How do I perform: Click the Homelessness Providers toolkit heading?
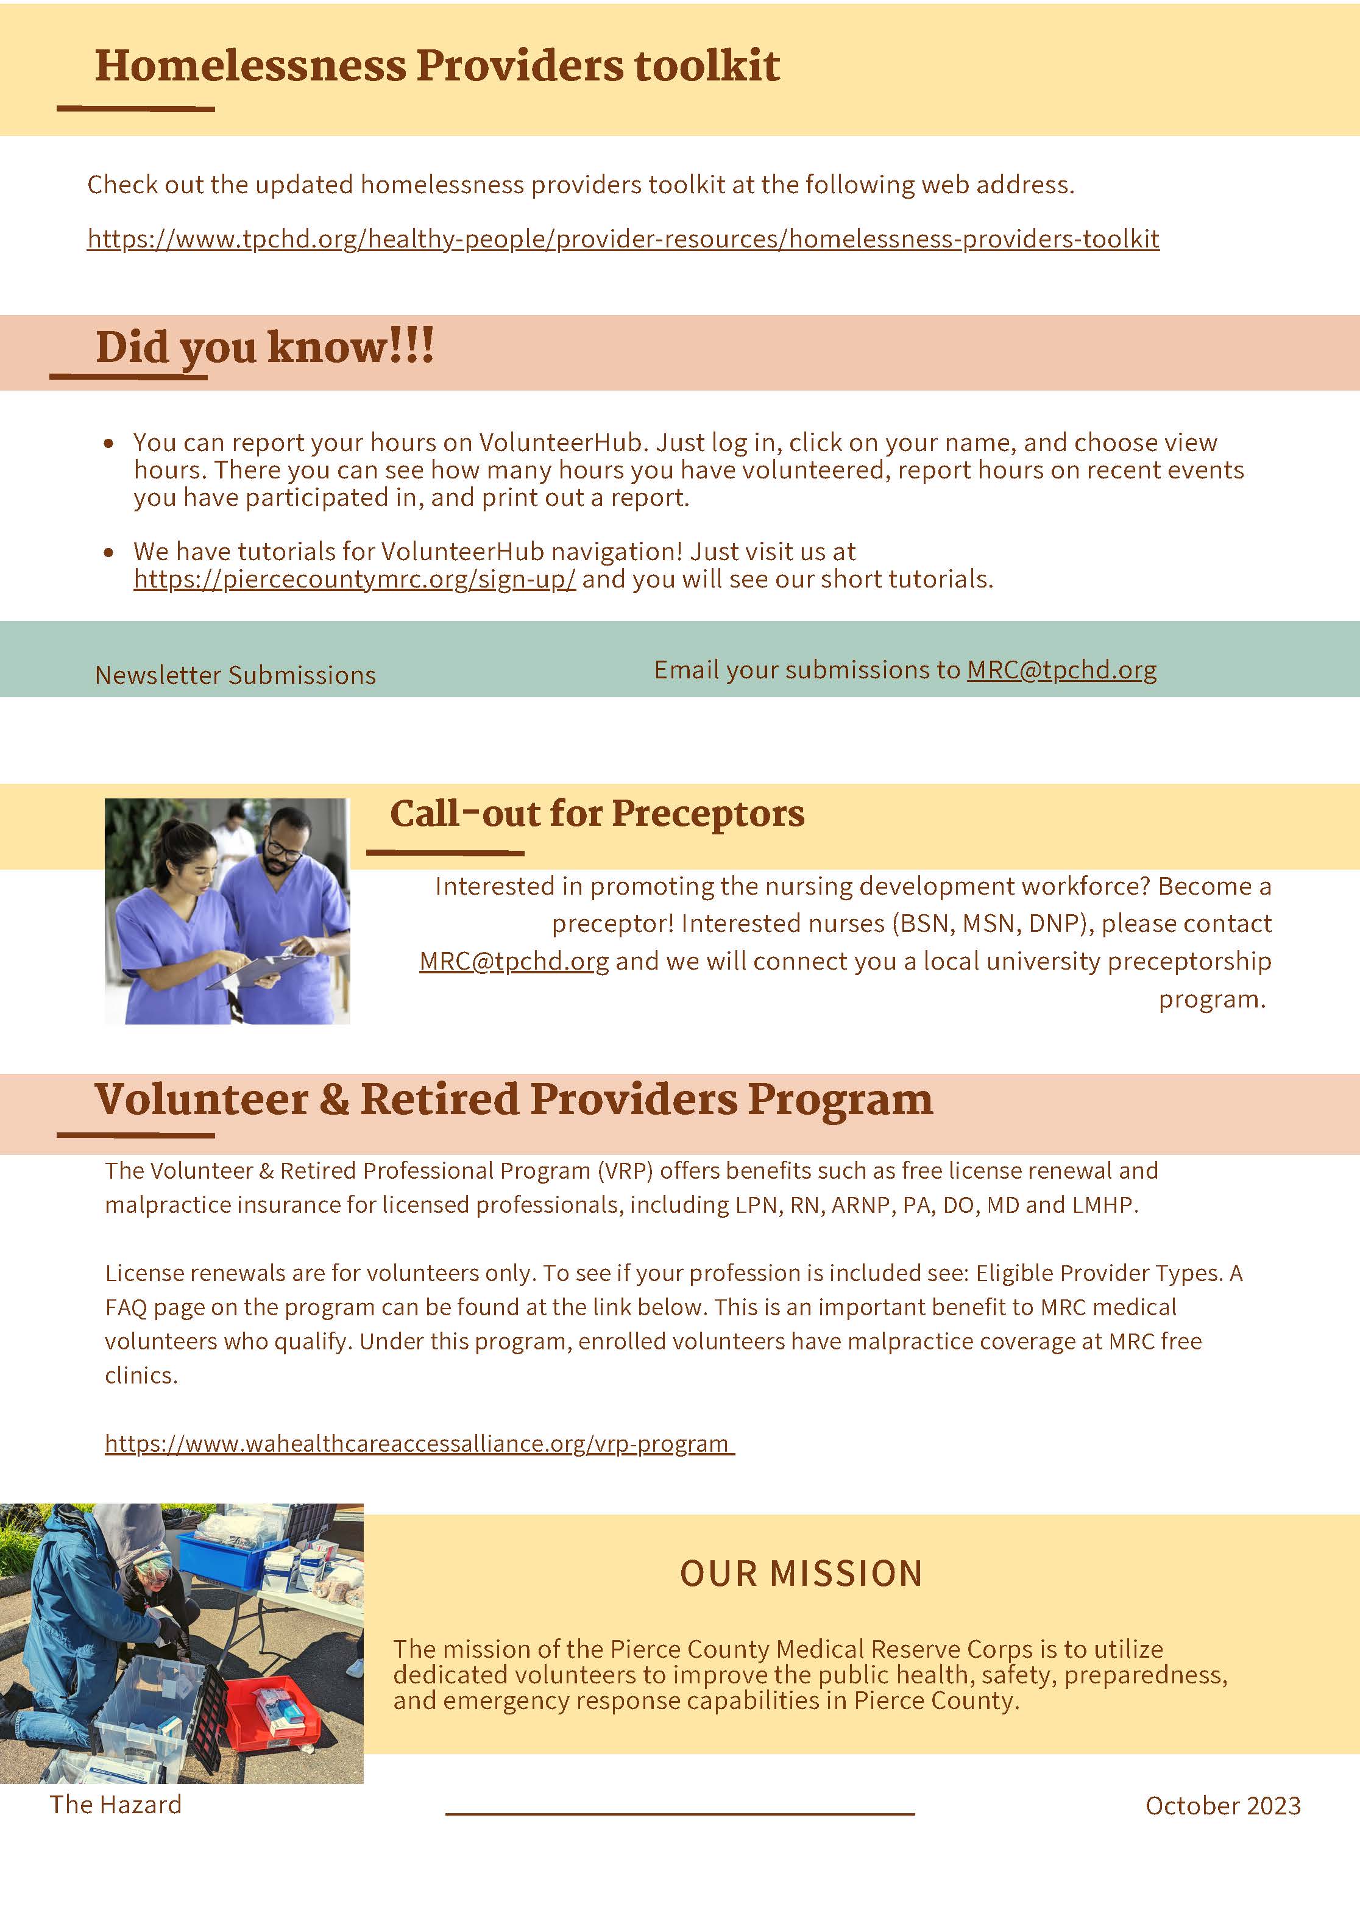click(437, 65)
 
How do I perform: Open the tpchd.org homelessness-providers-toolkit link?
click(623, 239)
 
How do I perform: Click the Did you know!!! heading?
click(264, 347)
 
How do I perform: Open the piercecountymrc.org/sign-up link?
click(355, 579)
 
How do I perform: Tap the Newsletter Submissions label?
click(235, 675)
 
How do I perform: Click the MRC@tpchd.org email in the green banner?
click(1062, 670)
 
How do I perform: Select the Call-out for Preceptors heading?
click(597, 813)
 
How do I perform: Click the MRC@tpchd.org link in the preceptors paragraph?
click(514, 961)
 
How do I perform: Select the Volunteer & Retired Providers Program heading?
click(513, 1099)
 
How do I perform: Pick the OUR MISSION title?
click(801, 1574)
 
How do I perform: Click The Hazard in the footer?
click(116, 1804)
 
